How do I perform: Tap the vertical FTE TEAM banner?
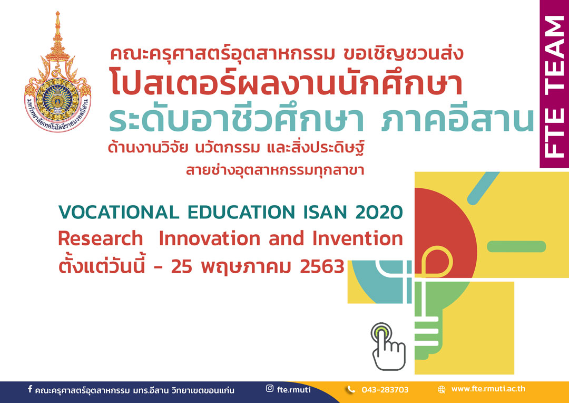tap(554, 84)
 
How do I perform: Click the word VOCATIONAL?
tap(119, 213)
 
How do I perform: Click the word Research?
tap(101, 239)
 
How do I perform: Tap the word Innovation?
tap(210, 239)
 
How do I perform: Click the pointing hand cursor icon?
tap(388, 347)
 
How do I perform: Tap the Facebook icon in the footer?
tap(30, 389)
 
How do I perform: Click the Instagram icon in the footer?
tap(270, 388)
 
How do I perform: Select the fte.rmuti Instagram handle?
tap(294, 389)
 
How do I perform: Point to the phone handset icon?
tap(350, 390)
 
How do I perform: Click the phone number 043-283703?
tap(385, 390)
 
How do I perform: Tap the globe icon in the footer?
tap(442, 390)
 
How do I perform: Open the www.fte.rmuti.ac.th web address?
tap(488, 389)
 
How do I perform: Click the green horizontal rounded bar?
tap(516, 246)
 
